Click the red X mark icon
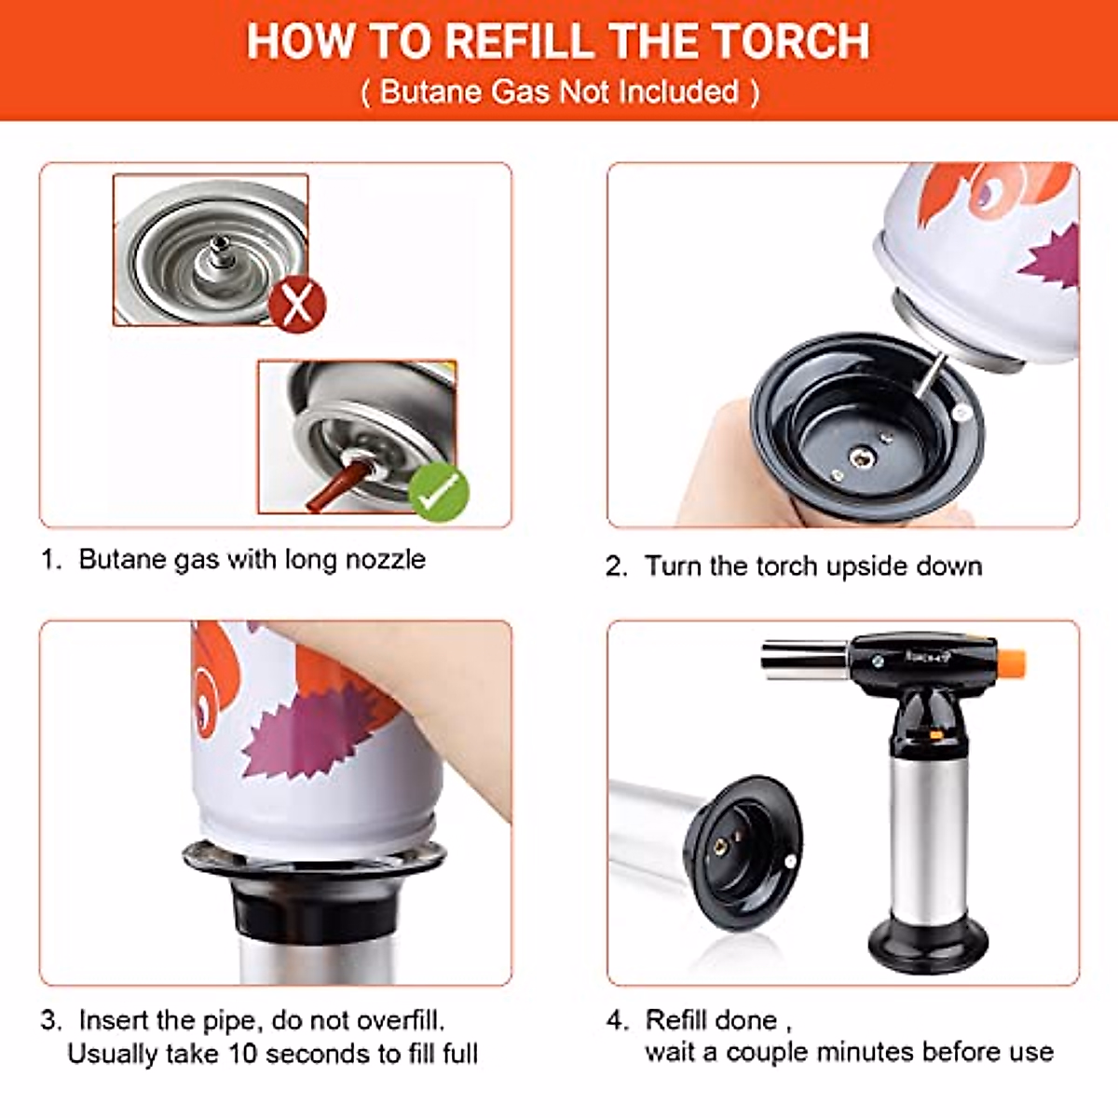point(297,305)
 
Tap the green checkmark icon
point(439,493)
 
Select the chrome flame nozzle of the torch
point(807,660)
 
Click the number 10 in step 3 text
point(242,1054)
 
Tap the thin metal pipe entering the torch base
point(928,375)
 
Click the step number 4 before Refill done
point(615,1020)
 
